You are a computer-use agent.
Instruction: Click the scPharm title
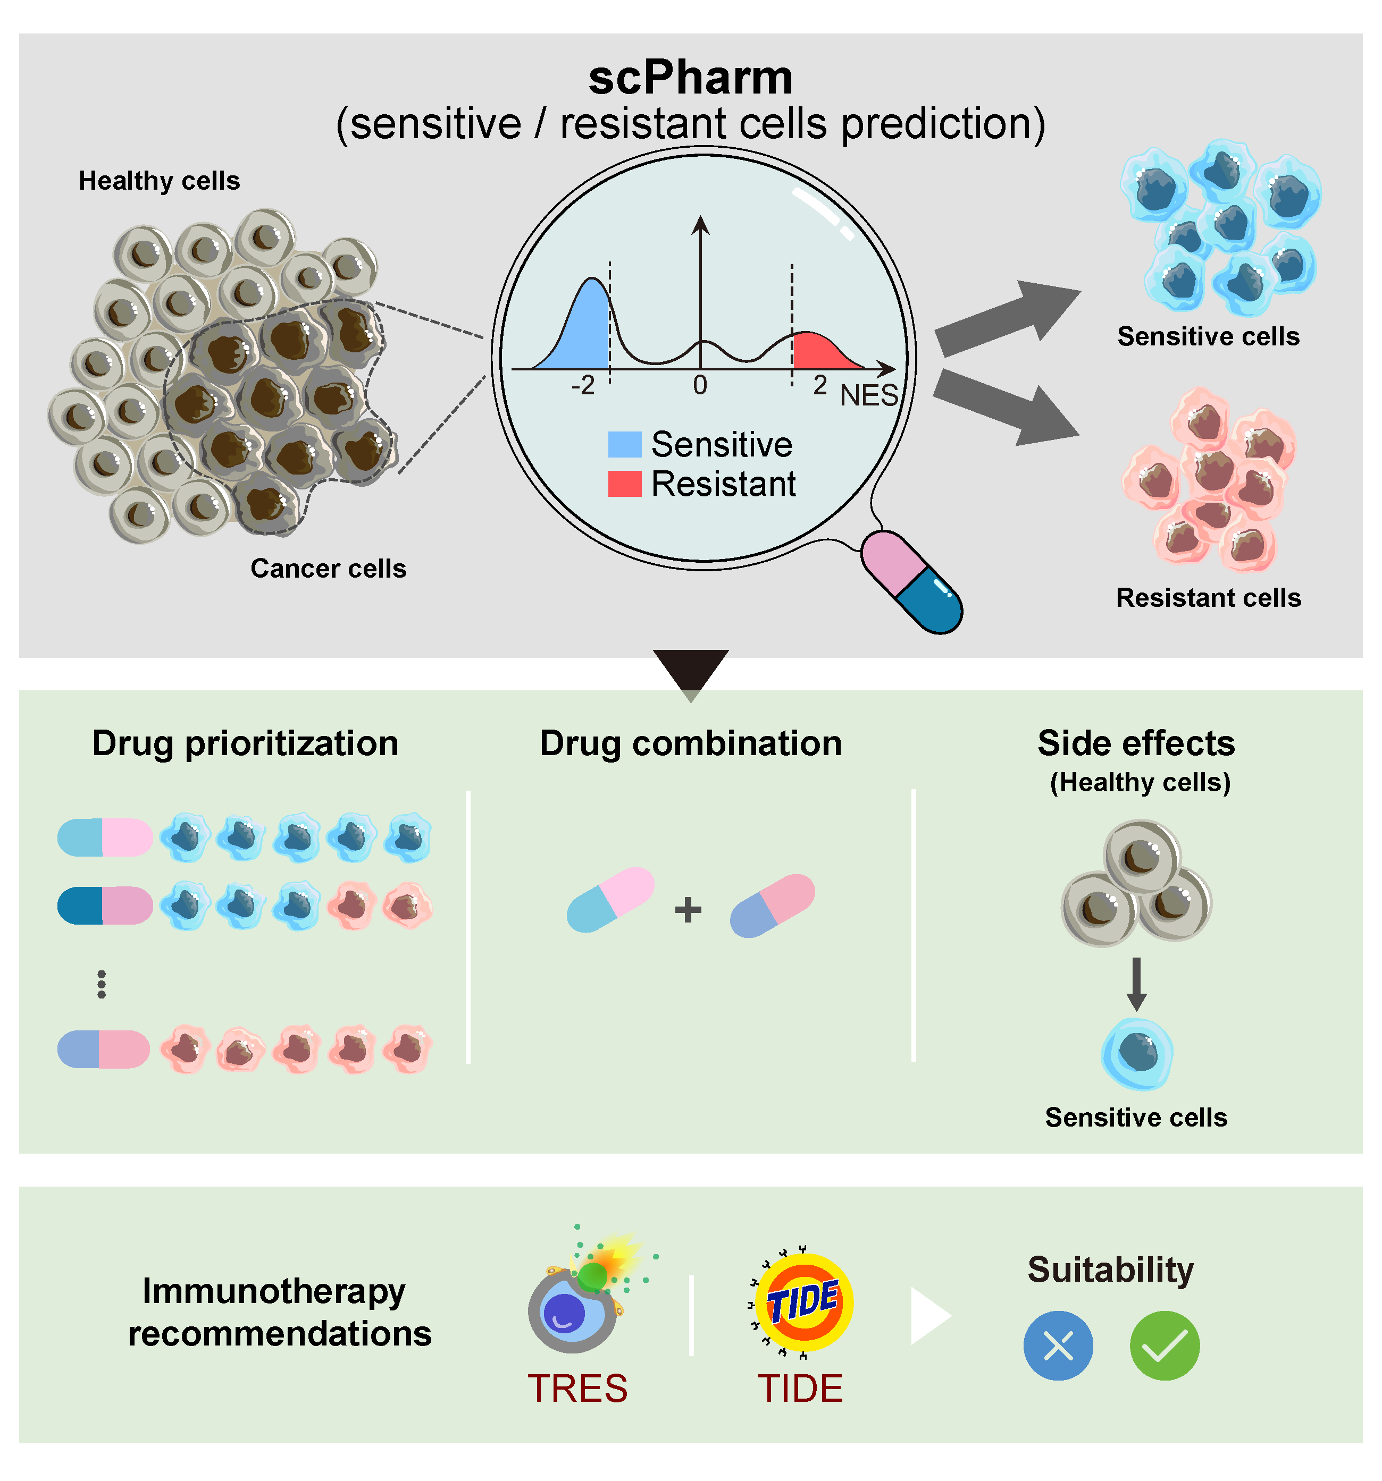click(x=690, y=78)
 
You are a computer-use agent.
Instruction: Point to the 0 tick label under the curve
click(x=699, y=385)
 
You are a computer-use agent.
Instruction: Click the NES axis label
click(x=868, y=395)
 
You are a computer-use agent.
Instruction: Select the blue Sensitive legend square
click(x=625, y=445)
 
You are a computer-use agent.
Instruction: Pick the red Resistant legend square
click(x=625, y=484)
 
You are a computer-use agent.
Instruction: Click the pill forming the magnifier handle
click(x=911, y=582)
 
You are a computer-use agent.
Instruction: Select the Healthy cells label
click(x=160, y=181)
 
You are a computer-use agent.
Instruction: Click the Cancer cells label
click(x=328, y=569)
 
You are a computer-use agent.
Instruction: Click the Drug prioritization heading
click(x=245, y=743)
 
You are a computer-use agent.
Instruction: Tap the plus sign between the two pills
click(x=688, y=910)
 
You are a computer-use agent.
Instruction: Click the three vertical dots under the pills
click(x=102, y=984)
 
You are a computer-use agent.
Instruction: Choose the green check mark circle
click(x=1165, y=1346)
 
